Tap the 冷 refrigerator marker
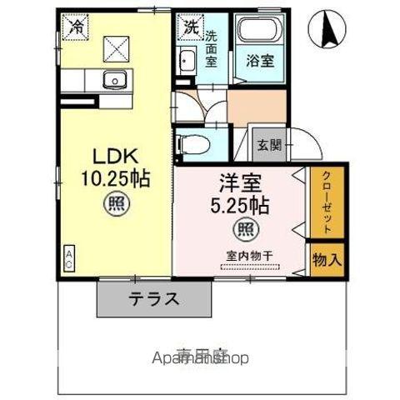click(x=75, y=26)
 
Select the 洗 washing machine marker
click(x=192, y=26)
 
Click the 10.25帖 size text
click(x=114, y=179)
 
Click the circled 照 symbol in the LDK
click(x=114, y=202)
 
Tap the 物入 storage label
click(x=327, y=259)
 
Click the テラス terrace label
click(x=153, y=299)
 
